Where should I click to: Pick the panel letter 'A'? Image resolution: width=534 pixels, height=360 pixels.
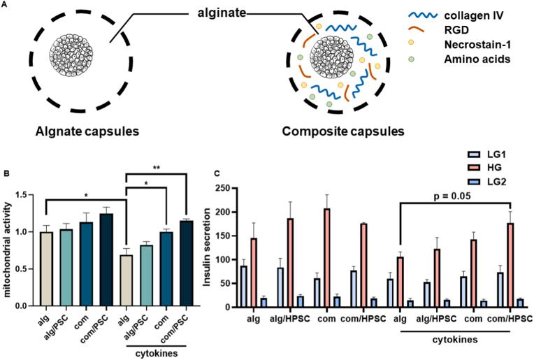(6, 6)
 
